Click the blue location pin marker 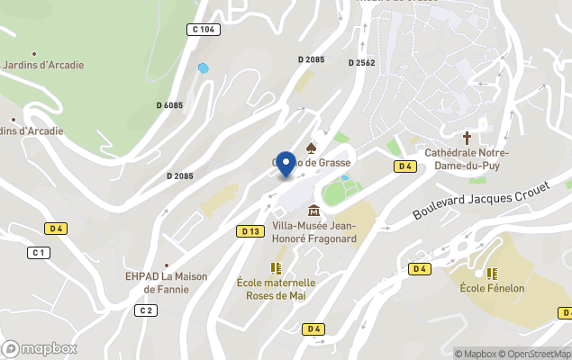[x=286, y=164]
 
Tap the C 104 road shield [x=204, y=30]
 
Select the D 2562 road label [x=362, y=62]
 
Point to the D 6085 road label [x=169, y=105]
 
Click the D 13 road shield [x=250, y=231]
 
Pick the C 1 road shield [x=38, y=252]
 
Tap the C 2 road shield [x=146, y=310]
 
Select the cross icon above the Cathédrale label [x=467, y=138]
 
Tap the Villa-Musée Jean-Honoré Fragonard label [x=313, y=232]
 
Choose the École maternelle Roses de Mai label [x=276, y=288]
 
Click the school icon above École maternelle [x=276, y=268]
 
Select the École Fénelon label [x=492, y=288]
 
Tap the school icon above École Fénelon [x=492, y=273]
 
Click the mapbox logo [x=40, y=348]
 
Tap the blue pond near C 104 [x=204, y=67]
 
